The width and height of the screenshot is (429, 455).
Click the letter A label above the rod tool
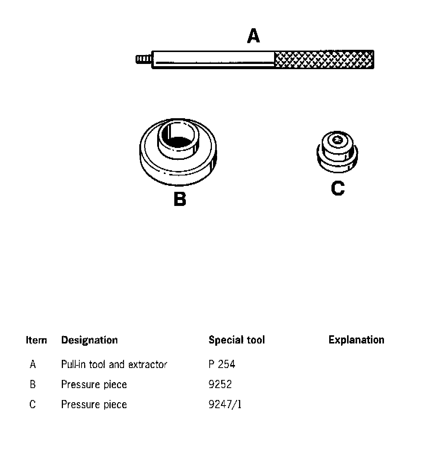(254, 36)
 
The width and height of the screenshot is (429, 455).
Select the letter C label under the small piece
(337, 188)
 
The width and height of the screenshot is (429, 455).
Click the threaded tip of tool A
(143, 59)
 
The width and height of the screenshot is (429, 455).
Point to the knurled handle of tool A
(324, 59)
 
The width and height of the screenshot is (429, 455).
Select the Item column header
(36, 340)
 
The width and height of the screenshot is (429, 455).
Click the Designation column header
(89, 340)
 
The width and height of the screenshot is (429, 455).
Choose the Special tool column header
(236, 340)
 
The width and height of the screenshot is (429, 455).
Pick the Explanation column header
(356, 340)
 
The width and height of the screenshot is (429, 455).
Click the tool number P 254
(222, 364)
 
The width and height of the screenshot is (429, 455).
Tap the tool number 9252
(220, 384)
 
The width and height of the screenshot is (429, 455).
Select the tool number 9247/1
(225, 404)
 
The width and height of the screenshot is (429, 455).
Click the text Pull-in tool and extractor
(114, 364)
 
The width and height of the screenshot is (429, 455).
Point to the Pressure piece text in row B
(94, 384)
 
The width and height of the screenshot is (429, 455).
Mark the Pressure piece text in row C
(94, 404)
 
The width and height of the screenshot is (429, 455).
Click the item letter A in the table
(33, 364)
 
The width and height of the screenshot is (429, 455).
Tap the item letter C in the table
(33, 404)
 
